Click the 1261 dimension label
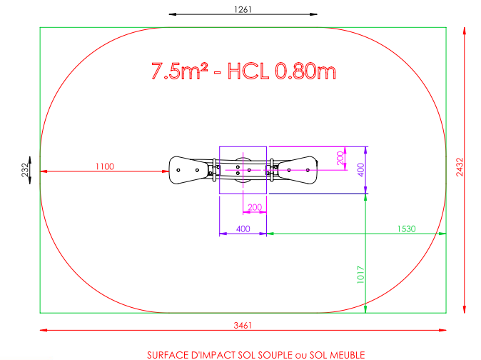243,9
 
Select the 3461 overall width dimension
243,325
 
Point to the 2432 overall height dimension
460,167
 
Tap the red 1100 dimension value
105,166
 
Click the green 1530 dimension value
407,229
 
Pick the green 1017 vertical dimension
360,275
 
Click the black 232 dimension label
25,170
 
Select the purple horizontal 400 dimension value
243,229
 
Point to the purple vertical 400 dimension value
361,170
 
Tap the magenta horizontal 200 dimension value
255,207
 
